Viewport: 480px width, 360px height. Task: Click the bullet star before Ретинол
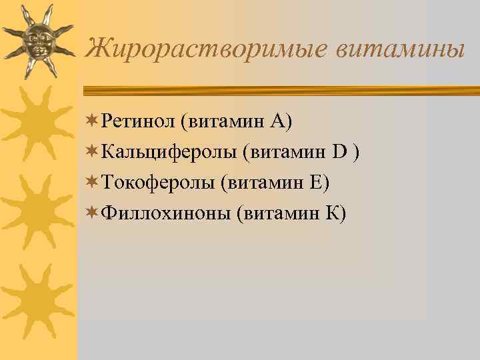click(x=93, y=121)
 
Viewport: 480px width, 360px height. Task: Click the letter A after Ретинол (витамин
click(x=278, y=121)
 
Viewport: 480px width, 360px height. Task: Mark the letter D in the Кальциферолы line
click(x=340, y=152)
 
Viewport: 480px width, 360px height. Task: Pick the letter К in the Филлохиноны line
click(x=331, y=213)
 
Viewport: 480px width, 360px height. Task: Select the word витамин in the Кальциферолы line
click(x=288, y=152)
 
